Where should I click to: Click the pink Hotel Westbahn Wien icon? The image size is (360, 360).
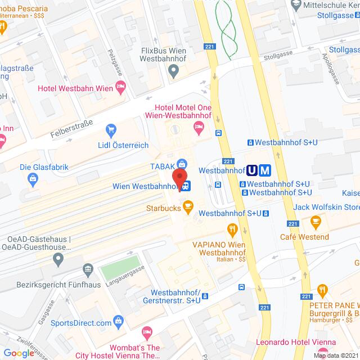(x=120, y=87)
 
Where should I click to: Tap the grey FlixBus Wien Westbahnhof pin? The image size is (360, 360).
(x=174, y=71)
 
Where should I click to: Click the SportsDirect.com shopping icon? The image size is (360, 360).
(x=118, y=322)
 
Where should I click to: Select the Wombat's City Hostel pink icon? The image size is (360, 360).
(x=147, y=334)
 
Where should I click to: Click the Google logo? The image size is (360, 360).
(x=19, y=353)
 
